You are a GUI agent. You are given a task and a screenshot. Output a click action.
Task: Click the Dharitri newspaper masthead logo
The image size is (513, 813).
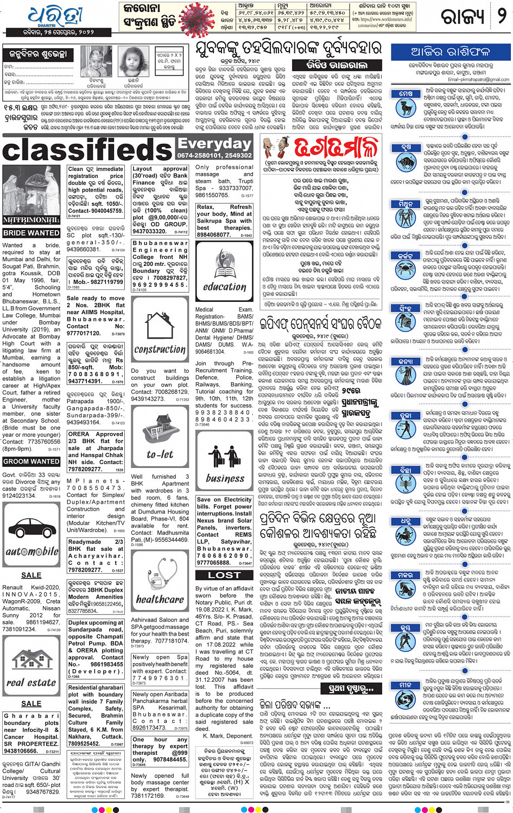pos(55,18)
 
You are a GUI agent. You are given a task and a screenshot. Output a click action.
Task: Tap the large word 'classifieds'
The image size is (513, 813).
pos(87,150)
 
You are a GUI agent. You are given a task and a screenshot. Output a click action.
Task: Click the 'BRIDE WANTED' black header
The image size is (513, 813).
pos(31,233)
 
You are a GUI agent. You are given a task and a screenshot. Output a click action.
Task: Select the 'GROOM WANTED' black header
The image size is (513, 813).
pos(31,461)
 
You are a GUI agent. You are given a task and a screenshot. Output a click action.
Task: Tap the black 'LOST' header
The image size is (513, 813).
pos(224,575)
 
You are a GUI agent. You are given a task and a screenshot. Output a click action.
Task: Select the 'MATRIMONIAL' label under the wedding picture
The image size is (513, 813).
pos(31,220)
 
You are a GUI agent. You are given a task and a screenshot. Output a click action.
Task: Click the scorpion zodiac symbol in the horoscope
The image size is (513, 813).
pos(406,480)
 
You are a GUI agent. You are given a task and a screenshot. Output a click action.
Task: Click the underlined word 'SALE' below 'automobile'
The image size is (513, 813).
pos(31,575)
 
